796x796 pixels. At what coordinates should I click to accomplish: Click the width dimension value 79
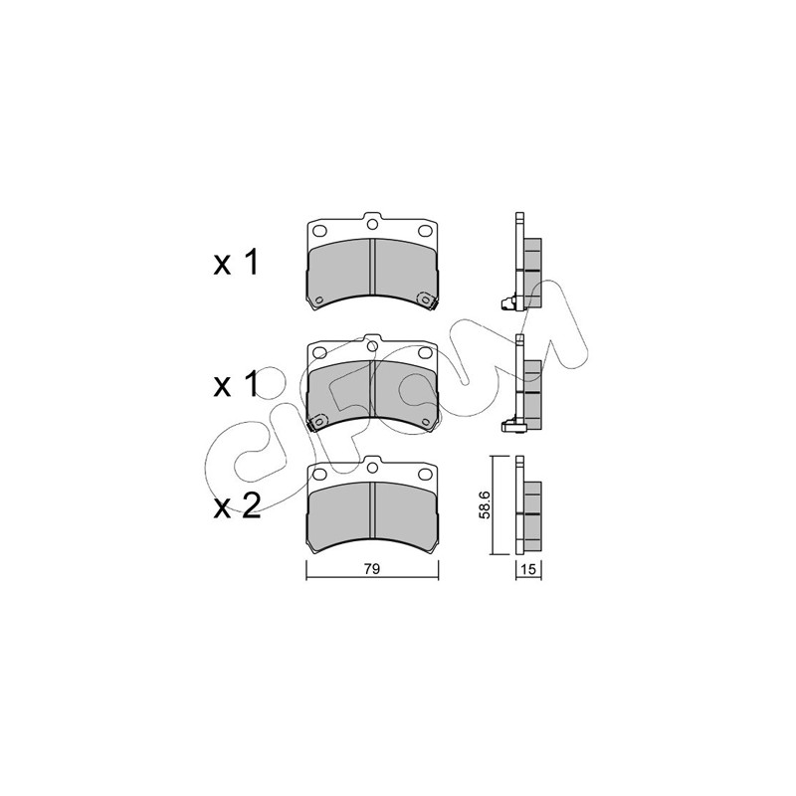tap(372, 569)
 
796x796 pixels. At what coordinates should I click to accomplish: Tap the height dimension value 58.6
tap(485, 504)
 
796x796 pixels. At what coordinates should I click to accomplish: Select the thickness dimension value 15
tap(528, 569)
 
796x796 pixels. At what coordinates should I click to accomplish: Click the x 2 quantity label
tap(237, 506)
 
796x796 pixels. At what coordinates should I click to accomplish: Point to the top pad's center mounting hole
tap(372, 224)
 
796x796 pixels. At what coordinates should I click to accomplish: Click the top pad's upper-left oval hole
tap(319, 231)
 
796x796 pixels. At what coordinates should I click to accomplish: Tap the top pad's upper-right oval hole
tap(425, 231)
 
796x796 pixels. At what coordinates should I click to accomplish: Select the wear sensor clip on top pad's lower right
tap(427, 300)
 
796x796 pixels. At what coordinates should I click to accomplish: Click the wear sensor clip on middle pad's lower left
tap(317, 422)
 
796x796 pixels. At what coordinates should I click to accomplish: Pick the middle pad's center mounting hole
tap(372, 345)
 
